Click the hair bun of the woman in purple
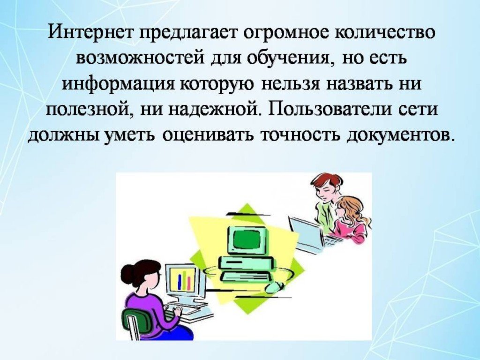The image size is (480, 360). coord(128,273)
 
